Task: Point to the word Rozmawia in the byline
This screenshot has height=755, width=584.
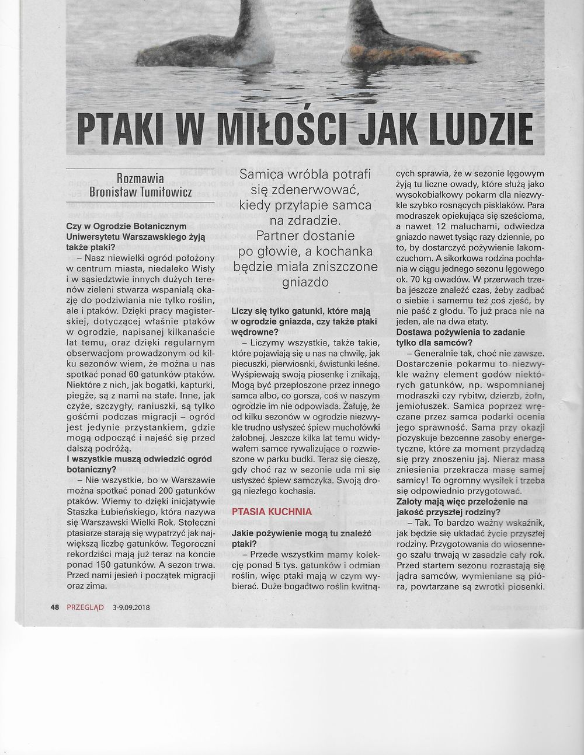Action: tap(141, 178)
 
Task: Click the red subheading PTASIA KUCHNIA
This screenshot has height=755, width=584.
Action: tap(271, 512)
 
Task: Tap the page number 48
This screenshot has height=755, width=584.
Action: tap(55, 607)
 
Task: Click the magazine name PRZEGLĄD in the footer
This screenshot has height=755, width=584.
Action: tap(85, 607)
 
